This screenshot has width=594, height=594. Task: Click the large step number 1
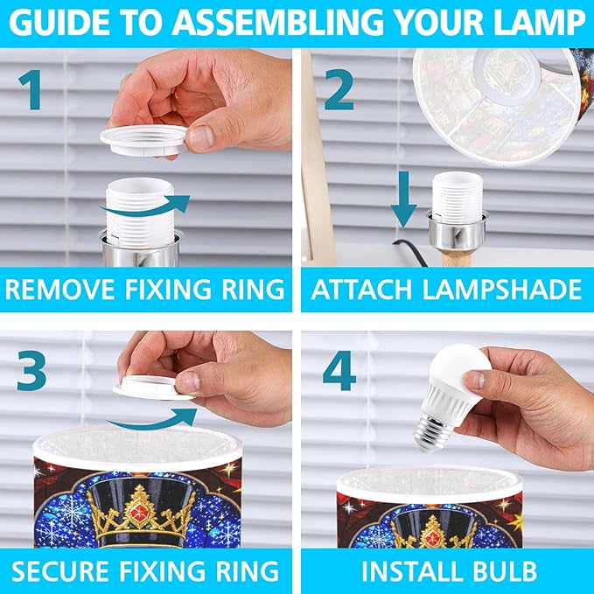tap(31, 90)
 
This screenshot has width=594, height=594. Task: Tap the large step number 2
tap(339, 90)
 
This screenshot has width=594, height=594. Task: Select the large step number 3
tap(31, 370)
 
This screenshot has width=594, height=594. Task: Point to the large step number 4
tap(339, 370)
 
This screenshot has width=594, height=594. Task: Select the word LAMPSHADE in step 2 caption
tap(501, 290)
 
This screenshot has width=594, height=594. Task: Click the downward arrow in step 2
tap(404, 199)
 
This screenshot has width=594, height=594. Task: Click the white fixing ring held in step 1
tap(143, 141)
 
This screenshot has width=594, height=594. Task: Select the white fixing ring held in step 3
tap(153, 388)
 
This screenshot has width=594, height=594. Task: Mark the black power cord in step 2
tap(410, 252)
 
